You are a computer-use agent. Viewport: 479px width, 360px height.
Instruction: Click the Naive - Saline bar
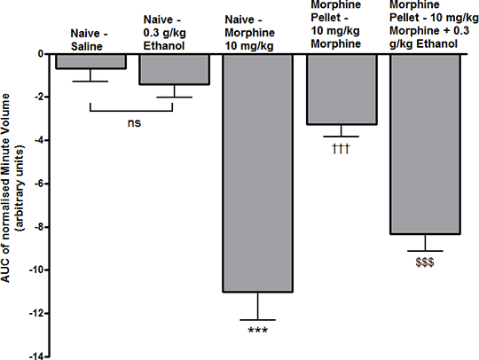click(x=90, y=61)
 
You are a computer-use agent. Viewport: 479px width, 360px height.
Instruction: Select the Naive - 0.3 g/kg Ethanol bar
click(x=175, y=69)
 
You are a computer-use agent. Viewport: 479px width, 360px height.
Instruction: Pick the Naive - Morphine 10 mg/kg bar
click(x=258, y=174)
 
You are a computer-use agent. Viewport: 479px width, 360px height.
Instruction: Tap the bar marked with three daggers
click(x=342, y=90)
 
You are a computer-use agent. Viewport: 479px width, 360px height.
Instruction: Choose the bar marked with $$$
click(x=425, y=145)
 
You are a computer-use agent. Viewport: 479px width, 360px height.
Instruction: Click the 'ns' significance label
click(x=134, y=123)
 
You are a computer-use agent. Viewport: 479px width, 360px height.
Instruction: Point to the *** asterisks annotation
click(x=258, y=330)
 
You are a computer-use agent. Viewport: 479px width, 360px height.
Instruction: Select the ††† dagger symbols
click(x=341, y=149)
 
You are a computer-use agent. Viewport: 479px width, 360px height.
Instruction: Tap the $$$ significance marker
click(x=425, y=262)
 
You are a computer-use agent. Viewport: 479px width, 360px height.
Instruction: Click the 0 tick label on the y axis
click(x=41, y=54)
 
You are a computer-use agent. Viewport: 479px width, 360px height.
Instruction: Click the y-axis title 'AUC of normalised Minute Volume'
click(x=6, y=188)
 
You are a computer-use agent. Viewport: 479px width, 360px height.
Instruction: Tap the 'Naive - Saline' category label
click(x=89, y=40)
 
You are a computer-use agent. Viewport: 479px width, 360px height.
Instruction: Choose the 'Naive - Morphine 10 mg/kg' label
click(x=249, y=33)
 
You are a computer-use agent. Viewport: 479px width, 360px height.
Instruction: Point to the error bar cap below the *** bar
click(x=258, y=320)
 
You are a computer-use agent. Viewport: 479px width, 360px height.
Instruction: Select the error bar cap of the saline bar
click(x=90, y=82)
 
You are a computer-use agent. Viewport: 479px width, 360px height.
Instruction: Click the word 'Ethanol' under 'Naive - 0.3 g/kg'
click(x=164, y=46)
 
